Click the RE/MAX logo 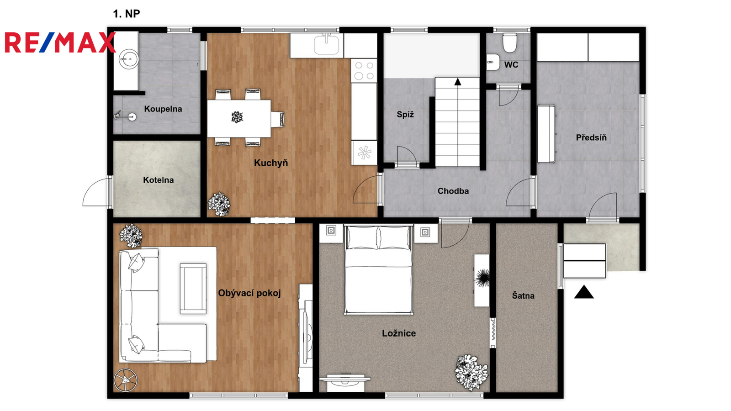[60, 42]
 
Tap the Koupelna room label [163, 109]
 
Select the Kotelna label [158, 180]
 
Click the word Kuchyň [271, 163]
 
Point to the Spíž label [405, 115]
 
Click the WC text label [511, 65]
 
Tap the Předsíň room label [591, 137]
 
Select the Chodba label [453, 191]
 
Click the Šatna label [523, 296]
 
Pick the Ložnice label [399, 333]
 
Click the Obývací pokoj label [249, 293]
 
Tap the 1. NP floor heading [126, 14]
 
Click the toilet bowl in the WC [509, 43]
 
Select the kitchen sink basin [326, 45]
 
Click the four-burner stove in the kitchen [364, 70]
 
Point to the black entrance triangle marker [584, 292]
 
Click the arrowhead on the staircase [458, 82]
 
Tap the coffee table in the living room [193, 289]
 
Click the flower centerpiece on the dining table [237, 117]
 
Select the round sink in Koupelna [128, 59]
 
